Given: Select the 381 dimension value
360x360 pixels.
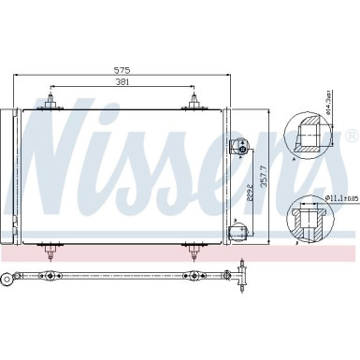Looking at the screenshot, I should [x=122, y=82].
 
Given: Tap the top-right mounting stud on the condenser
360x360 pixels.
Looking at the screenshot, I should [x=194, y=100].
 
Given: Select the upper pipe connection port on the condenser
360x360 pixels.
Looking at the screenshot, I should [x=241, y=147].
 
